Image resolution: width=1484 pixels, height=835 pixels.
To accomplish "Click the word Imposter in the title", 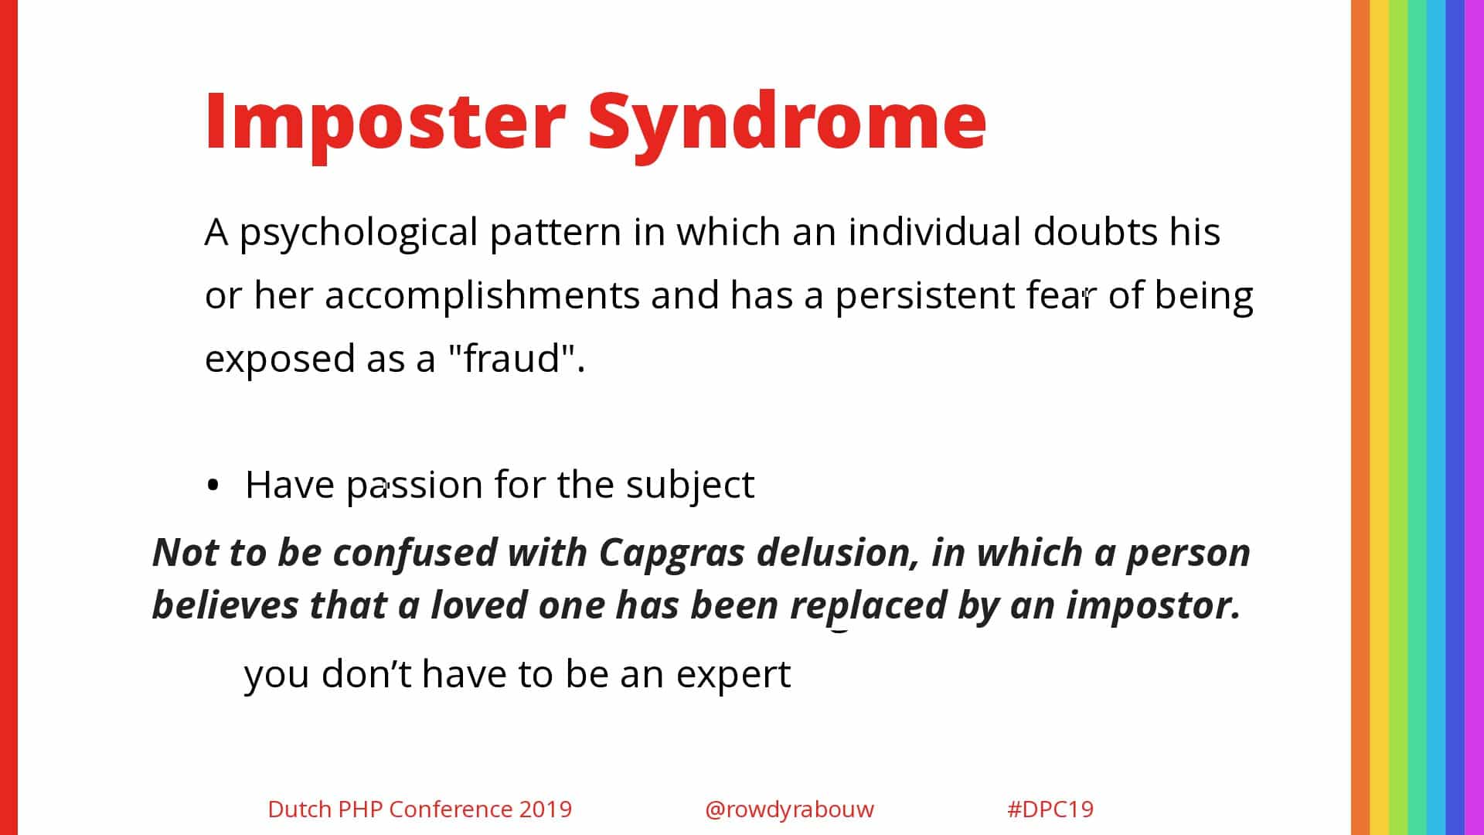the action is pos(385,121).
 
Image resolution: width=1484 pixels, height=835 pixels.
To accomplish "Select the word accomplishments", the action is pos(482,295).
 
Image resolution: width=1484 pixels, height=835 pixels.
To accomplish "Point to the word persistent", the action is pos(925,297).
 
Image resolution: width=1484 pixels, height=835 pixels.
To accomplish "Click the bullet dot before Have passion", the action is pos(213,486).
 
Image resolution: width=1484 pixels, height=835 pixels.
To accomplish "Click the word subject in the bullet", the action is pos(689,486).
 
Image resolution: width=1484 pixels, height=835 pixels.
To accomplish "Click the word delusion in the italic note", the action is pos(838,553).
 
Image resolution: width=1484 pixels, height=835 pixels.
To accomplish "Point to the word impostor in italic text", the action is pos(1153,605).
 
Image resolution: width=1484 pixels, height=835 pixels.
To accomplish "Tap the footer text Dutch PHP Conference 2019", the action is pos(420,809).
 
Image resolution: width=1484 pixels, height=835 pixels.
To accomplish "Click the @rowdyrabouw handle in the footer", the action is pos(789,809).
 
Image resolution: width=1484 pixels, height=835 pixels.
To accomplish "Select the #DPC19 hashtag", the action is pos(1050,809).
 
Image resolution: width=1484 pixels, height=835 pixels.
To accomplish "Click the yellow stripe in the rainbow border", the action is pos(1379,417).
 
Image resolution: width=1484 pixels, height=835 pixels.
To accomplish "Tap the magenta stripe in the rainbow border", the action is pos(1475,417).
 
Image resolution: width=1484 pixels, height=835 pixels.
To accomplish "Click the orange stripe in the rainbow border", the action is pos(1360,417).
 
